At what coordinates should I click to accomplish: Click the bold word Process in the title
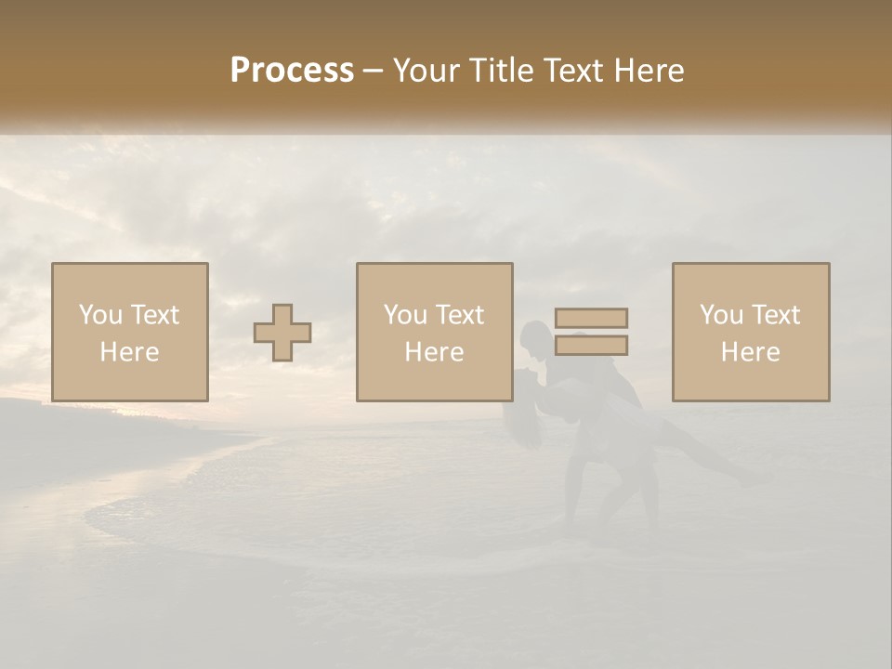tap(292, 71)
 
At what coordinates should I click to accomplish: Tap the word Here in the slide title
tap(648, 71)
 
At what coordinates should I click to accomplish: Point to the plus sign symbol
tap(282, 333)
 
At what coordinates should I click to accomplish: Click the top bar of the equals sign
tap(591, 318)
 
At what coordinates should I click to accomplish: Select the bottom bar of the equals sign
tap(591, 346)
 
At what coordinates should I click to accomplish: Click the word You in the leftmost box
tap(98, 315)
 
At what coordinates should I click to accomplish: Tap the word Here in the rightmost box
tap(750, 352)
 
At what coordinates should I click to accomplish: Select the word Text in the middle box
tap(459, 315)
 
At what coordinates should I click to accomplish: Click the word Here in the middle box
tap(434, 352)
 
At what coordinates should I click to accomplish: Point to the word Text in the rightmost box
tap(775, 315)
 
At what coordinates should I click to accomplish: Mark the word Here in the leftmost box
tap(129, 352)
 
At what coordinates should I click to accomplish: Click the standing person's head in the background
tap(536, 336)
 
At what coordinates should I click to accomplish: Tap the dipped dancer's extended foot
tap(758, 479)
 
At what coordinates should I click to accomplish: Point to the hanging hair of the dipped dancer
tap(525, 423)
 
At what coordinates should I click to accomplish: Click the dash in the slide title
tap(373, 71)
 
